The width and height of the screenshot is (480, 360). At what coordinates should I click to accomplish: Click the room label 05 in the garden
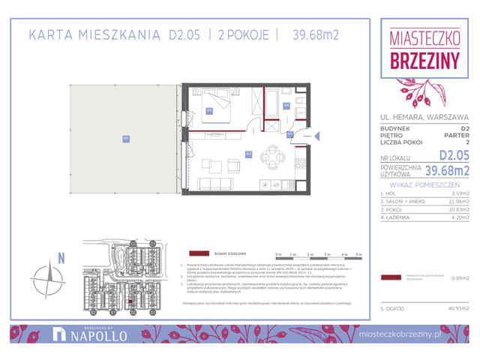[126, 137]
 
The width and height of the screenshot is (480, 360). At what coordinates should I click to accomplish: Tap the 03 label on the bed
[210, 110]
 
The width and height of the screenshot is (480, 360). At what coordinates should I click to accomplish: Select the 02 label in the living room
[249, 153]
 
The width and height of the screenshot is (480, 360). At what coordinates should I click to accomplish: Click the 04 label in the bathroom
[286, 106]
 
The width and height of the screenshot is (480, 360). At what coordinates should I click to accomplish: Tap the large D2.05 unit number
[453, 155]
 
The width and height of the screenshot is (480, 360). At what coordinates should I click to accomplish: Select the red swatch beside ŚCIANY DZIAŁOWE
[199, 253]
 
